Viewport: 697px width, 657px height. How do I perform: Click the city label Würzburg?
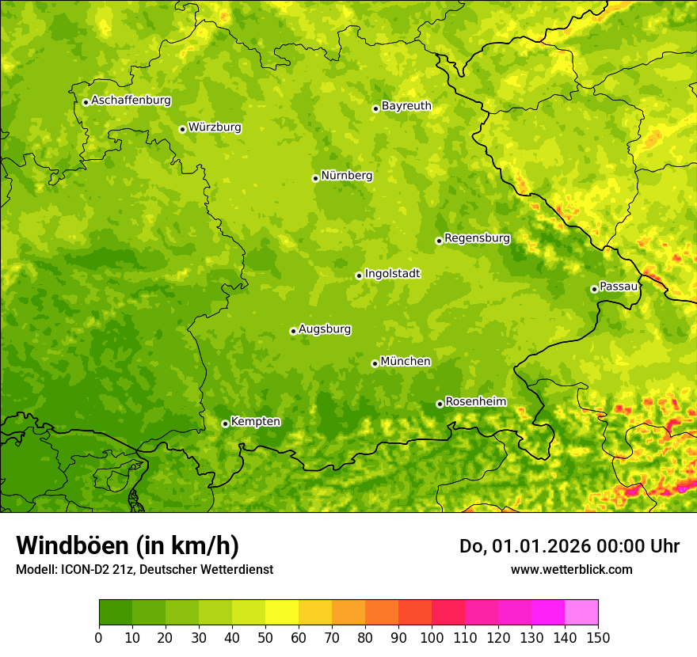(x=215, y=127)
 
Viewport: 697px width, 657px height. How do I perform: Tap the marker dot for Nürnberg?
(x=315, y=178)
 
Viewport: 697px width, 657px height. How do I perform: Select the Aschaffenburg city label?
(x=131, y=101)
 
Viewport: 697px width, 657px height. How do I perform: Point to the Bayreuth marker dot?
(x=375, y=108)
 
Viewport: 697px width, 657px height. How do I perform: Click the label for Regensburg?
(x=477, y=237)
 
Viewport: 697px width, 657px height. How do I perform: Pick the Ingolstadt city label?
(x=392, y=274)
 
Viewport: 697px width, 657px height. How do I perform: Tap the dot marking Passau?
(x=594, y=289)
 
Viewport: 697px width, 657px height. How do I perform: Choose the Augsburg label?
(x=325, y=329)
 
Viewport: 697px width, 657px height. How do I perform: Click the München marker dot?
(x=375, y=363)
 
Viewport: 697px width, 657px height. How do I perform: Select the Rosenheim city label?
(x=475, y=402)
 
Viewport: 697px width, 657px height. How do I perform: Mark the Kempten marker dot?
(x=225, y=423)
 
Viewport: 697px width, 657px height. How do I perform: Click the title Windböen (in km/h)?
(x=127, y=545)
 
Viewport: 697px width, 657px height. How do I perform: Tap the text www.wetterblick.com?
(x=571, y=569)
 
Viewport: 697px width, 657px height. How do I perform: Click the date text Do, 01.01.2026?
(x=522, y=546)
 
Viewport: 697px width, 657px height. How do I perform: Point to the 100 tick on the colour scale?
(x=432, y=637)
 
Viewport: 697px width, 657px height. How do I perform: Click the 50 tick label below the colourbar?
(x=265, y=637)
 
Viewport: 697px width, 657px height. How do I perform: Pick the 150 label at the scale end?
(x=598, y=637)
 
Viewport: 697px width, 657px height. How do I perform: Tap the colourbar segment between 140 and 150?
(x=581, y=613)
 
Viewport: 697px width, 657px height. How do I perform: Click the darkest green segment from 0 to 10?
(x=116, y=613)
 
